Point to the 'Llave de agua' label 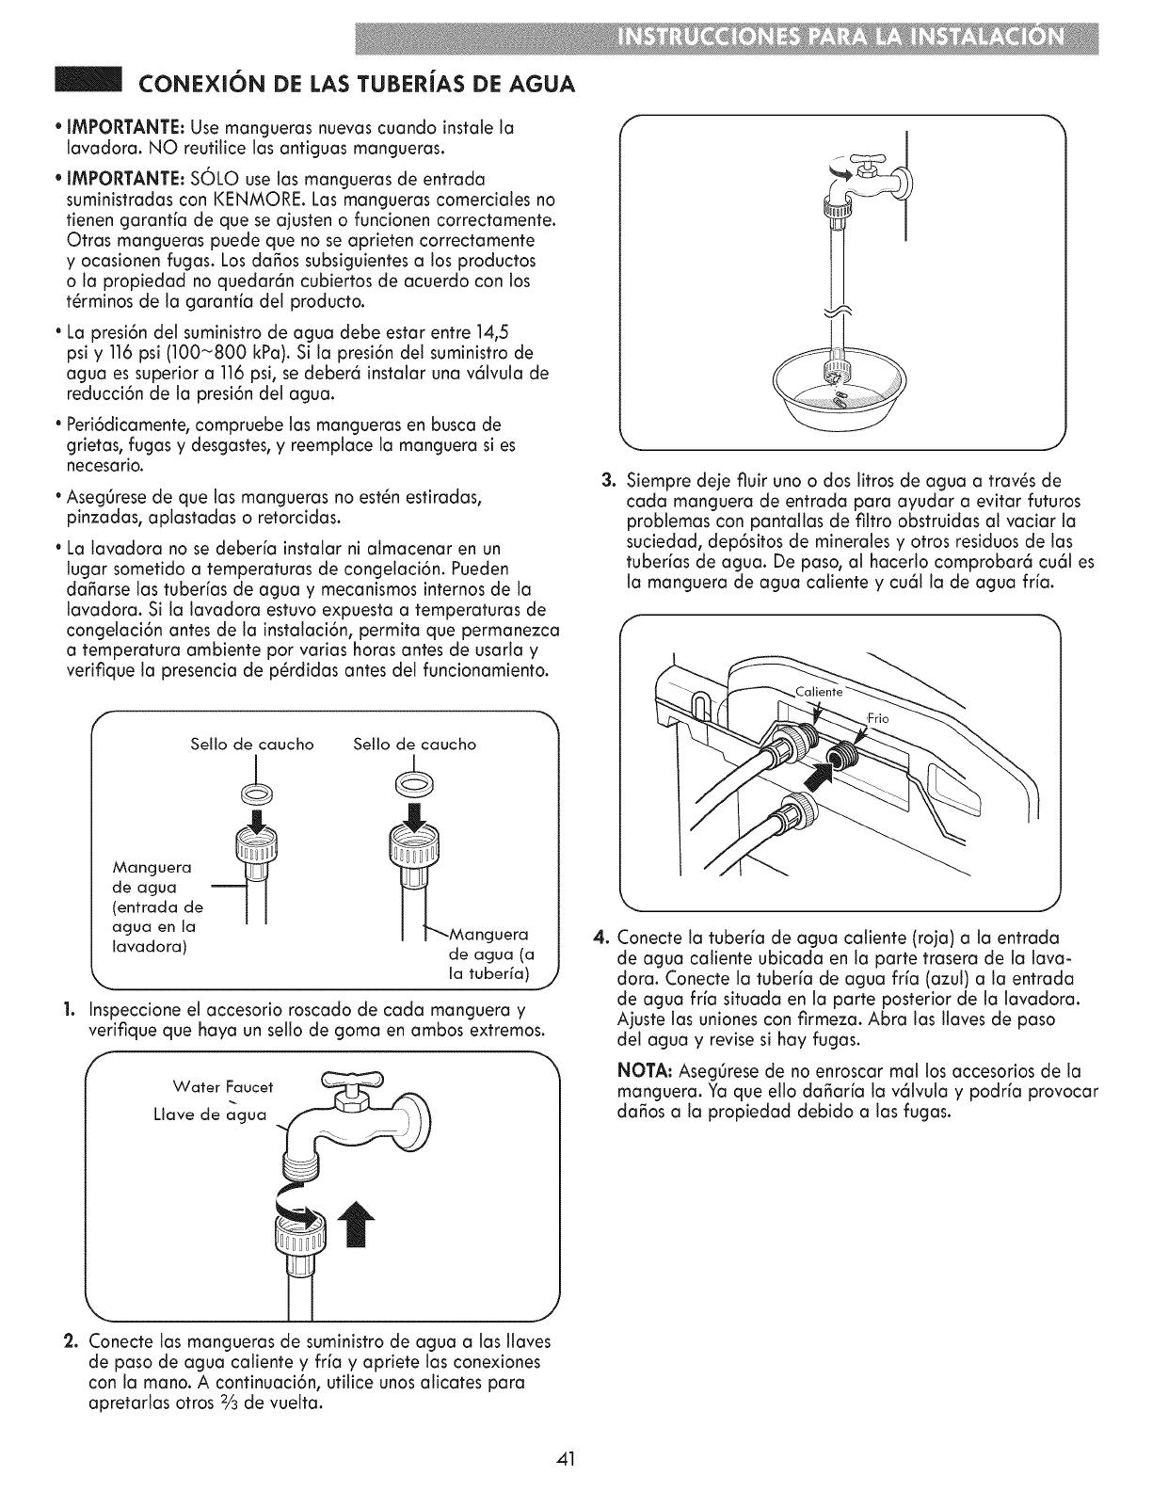coord(210,1116)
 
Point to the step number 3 coord(608,479)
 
